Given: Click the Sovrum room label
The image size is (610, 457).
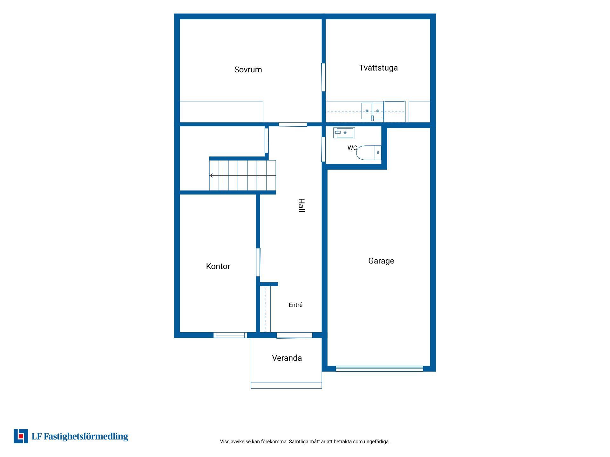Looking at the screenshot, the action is coord(248,70).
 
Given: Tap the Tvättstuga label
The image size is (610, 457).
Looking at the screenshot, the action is coord(378,68).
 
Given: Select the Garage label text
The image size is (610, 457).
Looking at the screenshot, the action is coord(381,261).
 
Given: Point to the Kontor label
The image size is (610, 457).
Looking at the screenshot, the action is coord(218,266).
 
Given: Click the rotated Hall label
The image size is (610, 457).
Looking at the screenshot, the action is coord(301,205).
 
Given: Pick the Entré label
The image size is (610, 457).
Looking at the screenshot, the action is coord(295,305).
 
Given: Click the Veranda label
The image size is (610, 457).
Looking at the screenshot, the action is coord(287,358).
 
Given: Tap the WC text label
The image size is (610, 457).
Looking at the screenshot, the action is coord(352,148).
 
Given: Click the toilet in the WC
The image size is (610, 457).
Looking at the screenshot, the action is coord(369,153).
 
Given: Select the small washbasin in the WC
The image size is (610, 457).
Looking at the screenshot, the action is coord(344,133).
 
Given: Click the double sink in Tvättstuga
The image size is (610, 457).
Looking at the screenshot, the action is coord(372,111).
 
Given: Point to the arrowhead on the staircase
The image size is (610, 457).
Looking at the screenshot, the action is coord(211,176).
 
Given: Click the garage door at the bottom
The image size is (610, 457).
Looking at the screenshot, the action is coord(379,369).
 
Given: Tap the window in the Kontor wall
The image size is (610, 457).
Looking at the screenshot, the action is coord(230,335).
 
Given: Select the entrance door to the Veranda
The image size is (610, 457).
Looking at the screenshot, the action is coord(295,335).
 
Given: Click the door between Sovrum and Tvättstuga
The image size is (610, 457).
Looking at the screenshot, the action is coord(323,77).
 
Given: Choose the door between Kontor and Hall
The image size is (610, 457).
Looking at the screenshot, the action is coord(258,262).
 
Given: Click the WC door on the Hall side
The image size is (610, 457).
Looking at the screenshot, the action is coord(323,149).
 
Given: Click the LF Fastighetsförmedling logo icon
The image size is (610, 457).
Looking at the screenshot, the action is coord(21,436).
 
